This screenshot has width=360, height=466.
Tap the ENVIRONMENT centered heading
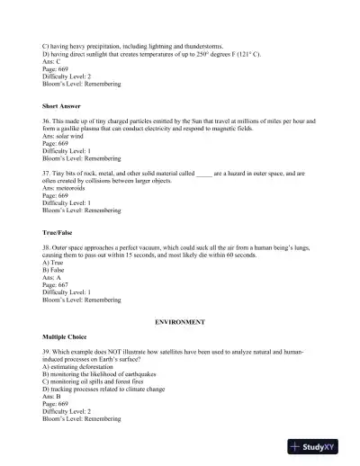pyautogui.click(x=179, y=321)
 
